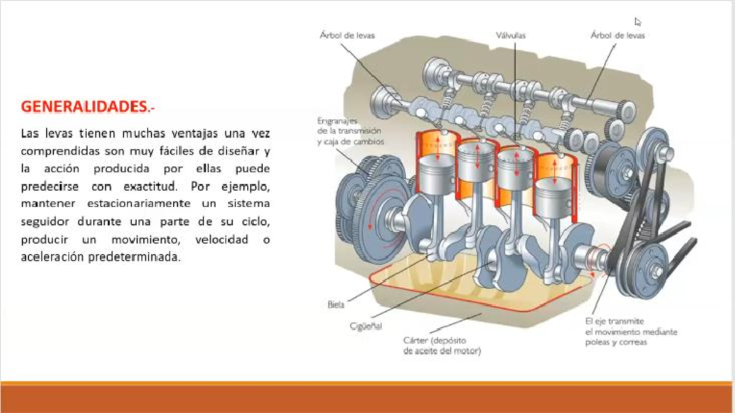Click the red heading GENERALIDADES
pos(88,107)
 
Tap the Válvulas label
pos(511,36)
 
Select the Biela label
pos(336,305)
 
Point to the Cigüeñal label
pos(366,326)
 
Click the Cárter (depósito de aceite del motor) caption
pos(442,346)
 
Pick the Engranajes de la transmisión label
pos(350,131)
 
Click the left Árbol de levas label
pos(347,35)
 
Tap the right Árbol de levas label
pos(617,35)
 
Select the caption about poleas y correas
pos(631,332)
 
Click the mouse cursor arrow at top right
pos(637,21)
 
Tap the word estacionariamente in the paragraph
pos(139,203)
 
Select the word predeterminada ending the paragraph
pos(135,257)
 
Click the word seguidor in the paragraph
pos(45,222)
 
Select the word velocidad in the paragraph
pos(222,240)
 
